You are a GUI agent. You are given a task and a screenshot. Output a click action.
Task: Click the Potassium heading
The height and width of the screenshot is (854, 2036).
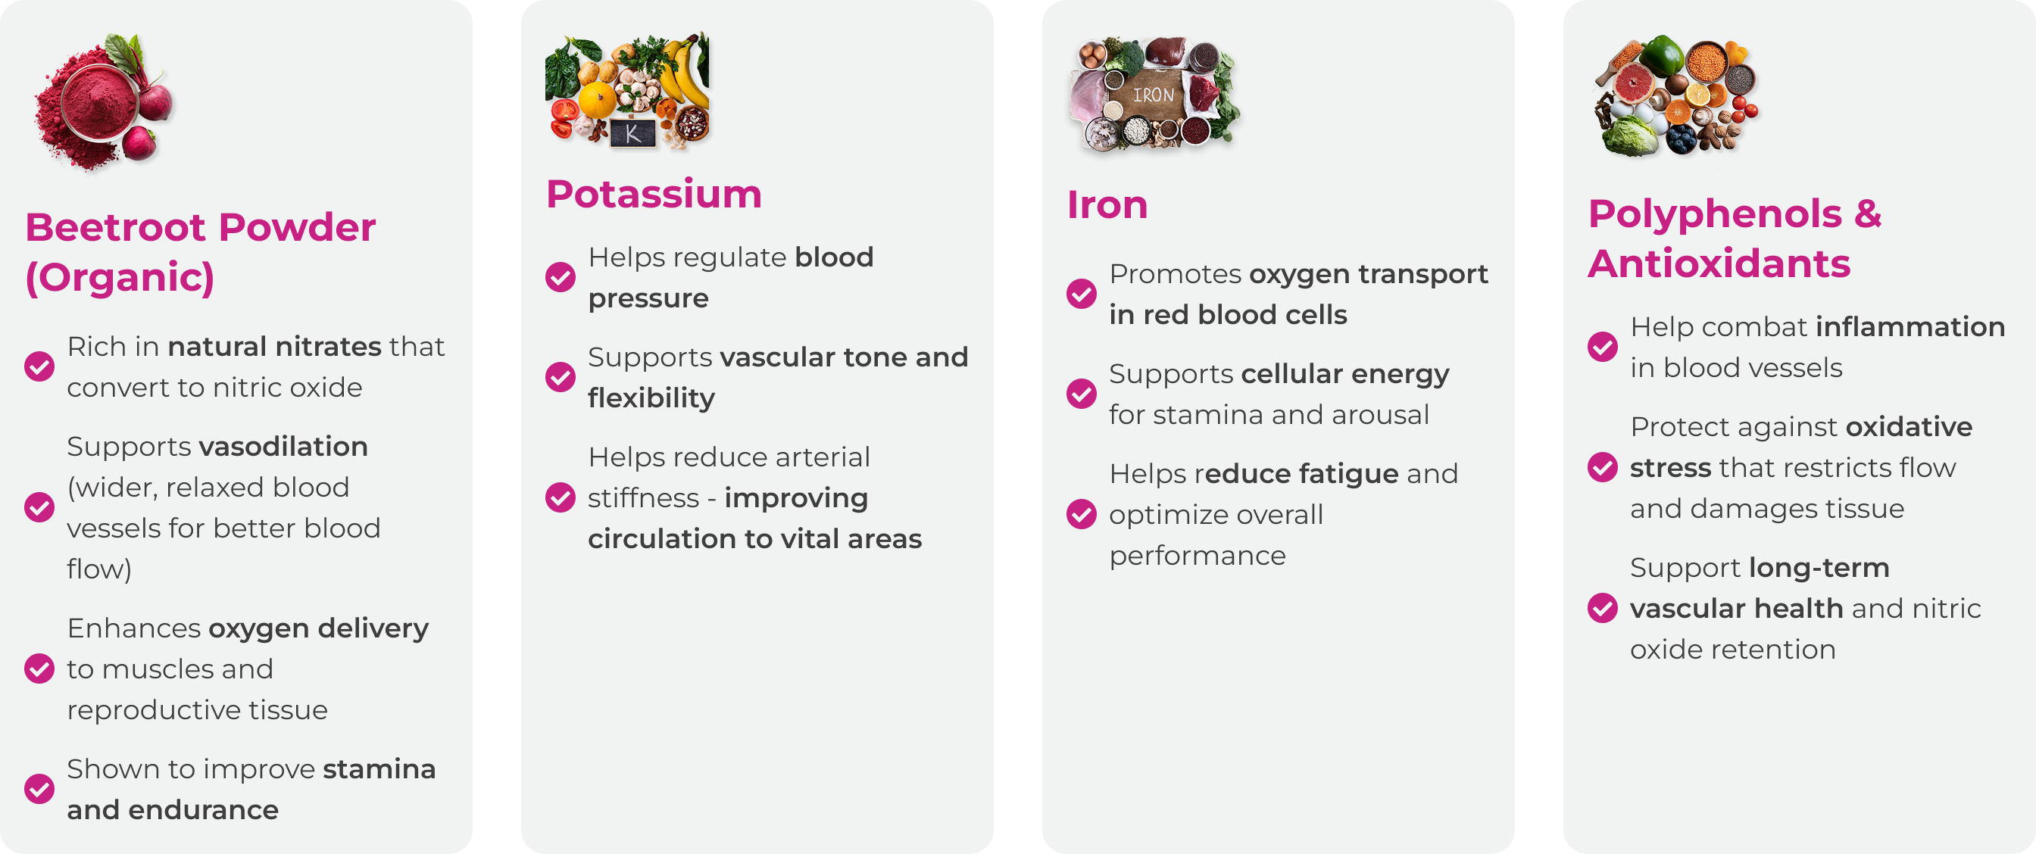654,195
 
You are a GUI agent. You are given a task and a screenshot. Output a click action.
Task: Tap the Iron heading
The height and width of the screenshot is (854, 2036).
1107,205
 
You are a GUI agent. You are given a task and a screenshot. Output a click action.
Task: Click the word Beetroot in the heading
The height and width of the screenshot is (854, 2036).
115,228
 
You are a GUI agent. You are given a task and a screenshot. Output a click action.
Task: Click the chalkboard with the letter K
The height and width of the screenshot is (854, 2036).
632,132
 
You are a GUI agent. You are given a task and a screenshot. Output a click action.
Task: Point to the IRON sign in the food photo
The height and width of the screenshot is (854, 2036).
1153,95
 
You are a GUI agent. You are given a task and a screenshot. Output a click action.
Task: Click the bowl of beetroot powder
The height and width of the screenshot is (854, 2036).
101,104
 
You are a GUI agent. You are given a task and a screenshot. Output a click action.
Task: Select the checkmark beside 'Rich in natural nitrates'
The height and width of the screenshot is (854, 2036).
39,366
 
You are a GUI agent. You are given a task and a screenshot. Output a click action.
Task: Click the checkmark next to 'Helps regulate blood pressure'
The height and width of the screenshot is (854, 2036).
561,277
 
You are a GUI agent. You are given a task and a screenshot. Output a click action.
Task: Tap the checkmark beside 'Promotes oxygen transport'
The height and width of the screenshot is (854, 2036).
1081,294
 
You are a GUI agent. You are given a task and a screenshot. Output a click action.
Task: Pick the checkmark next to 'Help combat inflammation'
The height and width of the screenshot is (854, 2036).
1602,347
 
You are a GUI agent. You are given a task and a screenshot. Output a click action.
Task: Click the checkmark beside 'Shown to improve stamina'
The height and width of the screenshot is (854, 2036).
39,788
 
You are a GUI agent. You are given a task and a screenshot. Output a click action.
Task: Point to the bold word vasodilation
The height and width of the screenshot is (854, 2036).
284,447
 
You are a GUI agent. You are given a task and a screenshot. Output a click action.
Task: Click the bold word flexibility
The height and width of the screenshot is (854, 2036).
651,398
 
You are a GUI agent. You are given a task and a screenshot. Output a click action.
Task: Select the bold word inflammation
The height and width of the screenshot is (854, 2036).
1910,327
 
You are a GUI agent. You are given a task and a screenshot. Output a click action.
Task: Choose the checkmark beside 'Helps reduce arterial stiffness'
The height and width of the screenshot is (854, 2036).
561,497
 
